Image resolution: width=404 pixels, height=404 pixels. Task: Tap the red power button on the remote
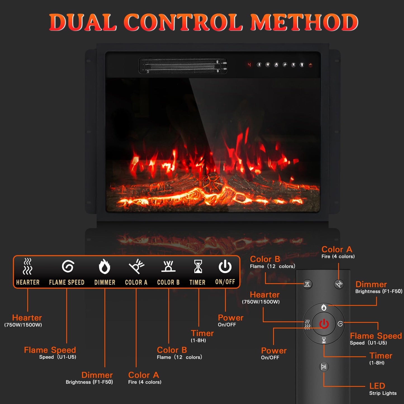coord(324,324)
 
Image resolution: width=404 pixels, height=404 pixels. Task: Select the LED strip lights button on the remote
coord(324,367)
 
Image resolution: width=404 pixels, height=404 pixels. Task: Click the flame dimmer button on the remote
coord(324,307)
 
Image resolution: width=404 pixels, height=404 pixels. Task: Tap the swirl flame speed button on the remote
coord(340,324)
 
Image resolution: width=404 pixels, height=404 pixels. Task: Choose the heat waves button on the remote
coord(307,324)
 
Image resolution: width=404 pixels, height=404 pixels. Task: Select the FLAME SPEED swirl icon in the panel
coord(68,266)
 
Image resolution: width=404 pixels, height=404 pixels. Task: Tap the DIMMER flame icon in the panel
coord(105,266)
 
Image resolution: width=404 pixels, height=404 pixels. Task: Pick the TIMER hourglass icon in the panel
coord(198,266)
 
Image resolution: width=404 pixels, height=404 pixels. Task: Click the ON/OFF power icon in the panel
coord(225,266)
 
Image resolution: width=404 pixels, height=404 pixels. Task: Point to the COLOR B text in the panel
coord(168,282)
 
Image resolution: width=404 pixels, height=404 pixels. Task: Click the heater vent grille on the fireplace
coord(183,66)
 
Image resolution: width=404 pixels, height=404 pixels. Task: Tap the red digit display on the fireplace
coord(249,65)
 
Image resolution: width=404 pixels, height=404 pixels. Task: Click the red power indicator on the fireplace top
coord(310,65)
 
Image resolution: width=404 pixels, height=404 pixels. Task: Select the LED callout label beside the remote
coord(377,386)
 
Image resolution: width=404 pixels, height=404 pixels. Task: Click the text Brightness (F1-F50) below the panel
coord(89,382)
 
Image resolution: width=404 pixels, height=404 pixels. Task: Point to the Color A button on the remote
coord(339,284)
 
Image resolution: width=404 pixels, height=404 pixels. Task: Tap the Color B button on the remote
coord(308,284)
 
